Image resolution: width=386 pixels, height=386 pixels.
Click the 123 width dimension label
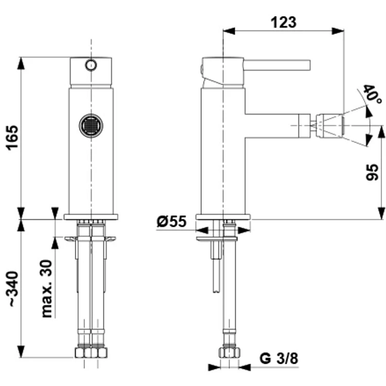click(284, 23)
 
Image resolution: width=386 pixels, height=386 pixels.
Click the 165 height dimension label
click(12, 138)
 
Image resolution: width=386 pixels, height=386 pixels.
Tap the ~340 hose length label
click(12, 289)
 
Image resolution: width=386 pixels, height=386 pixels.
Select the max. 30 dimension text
click(47, 289)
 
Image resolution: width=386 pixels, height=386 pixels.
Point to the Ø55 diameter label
click(171, 221)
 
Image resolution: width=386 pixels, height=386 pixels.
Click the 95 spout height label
click(372, 172)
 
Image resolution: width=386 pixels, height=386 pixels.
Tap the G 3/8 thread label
click(278, 358)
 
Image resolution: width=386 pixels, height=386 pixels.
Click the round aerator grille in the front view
click(91, 126)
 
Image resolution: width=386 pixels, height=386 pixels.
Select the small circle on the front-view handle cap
click(91, 65)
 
